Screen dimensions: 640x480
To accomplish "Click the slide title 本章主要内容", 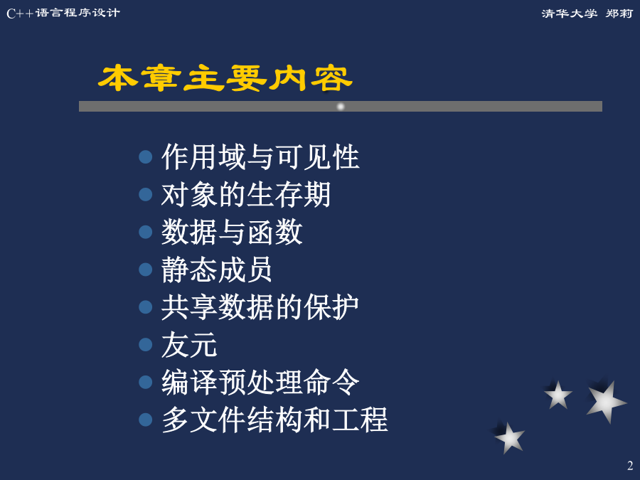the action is [225, 78].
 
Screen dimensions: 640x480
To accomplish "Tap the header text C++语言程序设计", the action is [63, 13].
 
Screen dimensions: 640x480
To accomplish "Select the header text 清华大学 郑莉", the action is [587, 14].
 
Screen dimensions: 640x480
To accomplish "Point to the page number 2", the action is [630, 465].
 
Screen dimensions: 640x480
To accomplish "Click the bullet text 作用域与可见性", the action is [260, 156].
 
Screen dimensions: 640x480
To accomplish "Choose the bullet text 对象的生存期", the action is [246, 194].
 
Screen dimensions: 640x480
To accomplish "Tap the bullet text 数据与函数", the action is [232, 232].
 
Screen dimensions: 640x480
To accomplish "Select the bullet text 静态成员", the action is [217, 270].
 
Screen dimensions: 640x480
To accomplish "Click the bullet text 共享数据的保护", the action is [260, 307].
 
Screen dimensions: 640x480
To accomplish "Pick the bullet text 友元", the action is [189, 344].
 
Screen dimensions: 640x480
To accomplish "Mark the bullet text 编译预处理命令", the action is [260, 382].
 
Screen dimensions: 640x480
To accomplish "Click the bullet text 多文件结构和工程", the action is [274, 420].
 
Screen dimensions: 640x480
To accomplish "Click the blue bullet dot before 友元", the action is [145, 344].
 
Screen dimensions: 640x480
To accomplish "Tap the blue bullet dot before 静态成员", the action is [145, 270].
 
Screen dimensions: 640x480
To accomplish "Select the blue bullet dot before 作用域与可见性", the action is [145, 156].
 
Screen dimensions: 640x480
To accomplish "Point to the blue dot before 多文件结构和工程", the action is [145, 420].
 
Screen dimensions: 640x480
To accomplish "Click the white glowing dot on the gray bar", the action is [341, 107].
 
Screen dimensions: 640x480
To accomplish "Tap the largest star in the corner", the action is [605, 402].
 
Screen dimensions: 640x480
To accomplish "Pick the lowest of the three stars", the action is [509, 438].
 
